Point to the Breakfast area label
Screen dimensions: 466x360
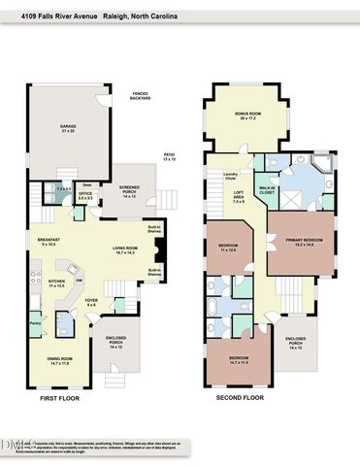49,243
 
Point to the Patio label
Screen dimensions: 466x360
169,156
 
